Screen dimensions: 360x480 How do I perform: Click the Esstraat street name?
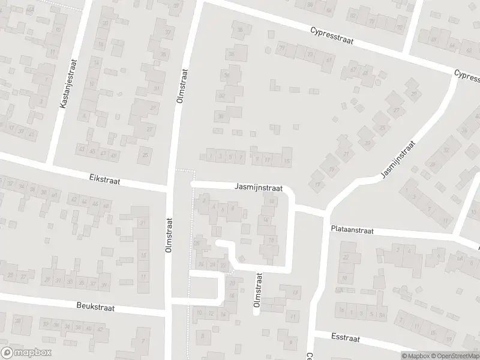point(345,338)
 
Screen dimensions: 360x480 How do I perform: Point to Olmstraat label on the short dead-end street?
point(259,290)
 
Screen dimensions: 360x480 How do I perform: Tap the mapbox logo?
point(26,353)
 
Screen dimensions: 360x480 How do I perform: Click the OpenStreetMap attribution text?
point(454,356)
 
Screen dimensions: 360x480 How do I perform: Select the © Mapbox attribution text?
point(415,356)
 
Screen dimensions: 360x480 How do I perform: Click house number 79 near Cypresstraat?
point(282,49)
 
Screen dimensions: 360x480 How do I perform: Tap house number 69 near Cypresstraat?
point(328,61)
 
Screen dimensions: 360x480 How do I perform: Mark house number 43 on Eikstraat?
point(82,149)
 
